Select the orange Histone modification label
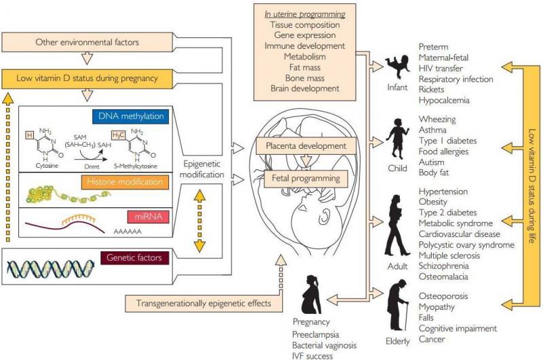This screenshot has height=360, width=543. tap(133, 182)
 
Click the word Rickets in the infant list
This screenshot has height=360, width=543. tap(432, 89)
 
